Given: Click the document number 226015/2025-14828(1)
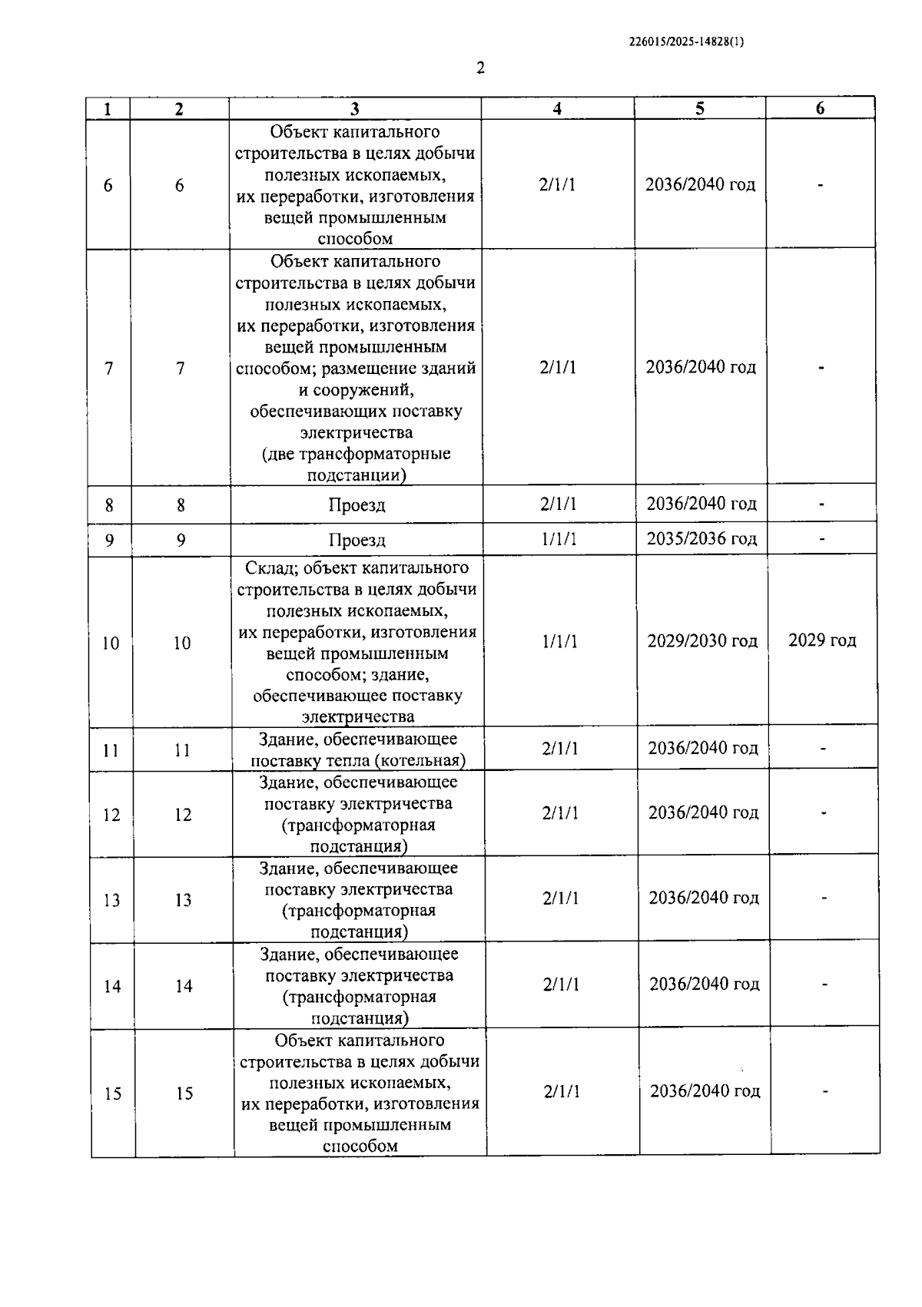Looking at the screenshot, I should pos(686,42).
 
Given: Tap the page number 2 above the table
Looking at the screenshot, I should pos(481,68).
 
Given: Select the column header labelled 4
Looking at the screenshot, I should pos(557,109).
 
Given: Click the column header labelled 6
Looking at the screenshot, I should pos(820,109).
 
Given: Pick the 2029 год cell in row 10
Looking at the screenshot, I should pos(822,640).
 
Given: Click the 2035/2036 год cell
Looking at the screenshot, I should pos(701,538).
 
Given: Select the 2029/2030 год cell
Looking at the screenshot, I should pos(702,640).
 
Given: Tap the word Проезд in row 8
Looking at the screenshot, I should pos(357,505).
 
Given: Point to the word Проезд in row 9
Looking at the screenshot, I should pos(357,540).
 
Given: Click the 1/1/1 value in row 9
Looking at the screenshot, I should pos(559,539).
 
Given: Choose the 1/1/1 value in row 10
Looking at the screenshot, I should pos(559,641).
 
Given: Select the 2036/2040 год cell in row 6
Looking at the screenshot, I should pos(700,185).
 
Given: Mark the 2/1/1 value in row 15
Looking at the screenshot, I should pos(562,1092).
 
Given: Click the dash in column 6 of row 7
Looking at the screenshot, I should pos(821,368).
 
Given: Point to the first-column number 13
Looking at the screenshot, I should pos(111,900).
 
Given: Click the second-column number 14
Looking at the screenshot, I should pos(184,986).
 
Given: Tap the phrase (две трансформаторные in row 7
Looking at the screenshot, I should pos(357,454).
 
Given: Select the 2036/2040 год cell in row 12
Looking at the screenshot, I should pos(703,812).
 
